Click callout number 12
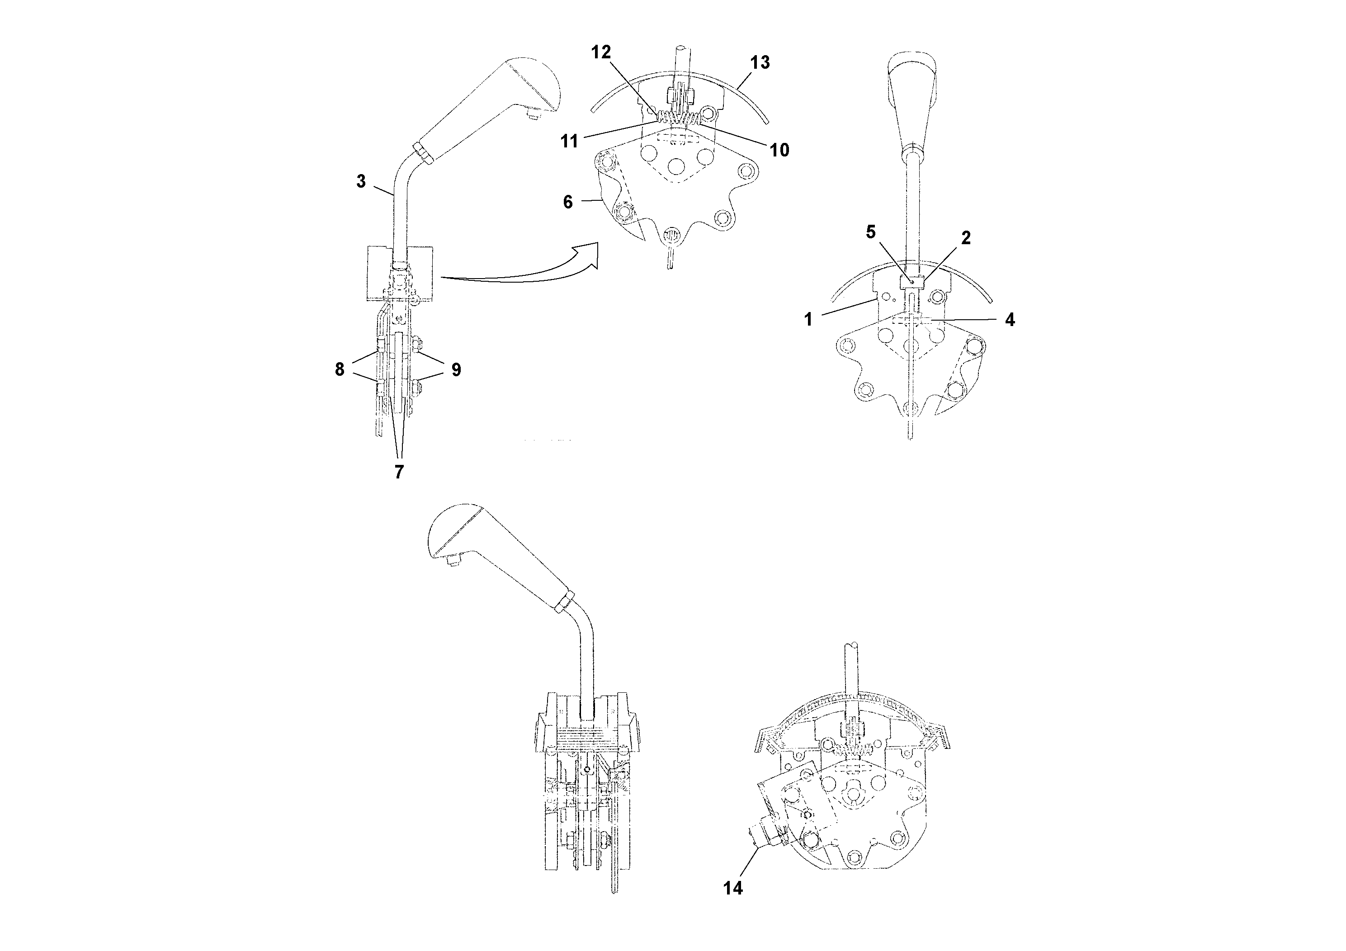tap(601, 52)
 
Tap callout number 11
tap(569, 141)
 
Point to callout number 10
tap(779, 150)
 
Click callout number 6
tap(567, 202)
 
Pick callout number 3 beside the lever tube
tap(361, 181)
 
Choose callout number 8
tap(340, 369)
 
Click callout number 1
tap(808, 320)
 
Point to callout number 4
tap(1010, 320)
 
